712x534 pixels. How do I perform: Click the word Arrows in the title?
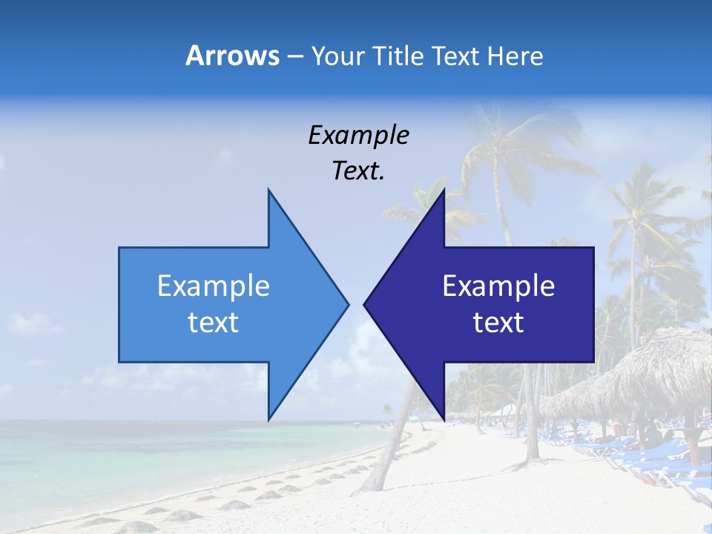coord(233,56)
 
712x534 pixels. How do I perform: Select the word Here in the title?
coord(515,56)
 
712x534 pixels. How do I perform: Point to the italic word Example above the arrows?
coord(358,135)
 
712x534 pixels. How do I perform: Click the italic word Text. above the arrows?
coord(358,171)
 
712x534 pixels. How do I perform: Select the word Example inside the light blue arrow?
coord(213,286)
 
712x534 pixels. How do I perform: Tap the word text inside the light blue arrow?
coord(213,322)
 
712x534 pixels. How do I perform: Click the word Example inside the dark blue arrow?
coord(498,286)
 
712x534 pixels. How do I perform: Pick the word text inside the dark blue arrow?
coord(498,322)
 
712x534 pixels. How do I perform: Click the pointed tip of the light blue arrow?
coord(348,304)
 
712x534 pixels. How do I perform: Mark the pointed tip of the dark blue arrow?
coord(365,304)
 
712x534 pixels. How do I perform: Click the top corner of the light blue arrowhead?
coord(268,190)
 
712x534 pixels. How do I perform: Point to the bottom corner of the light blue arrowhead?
coord(268,419)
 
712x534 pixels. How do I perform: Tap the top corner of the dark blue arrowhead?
coord(444,190)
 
